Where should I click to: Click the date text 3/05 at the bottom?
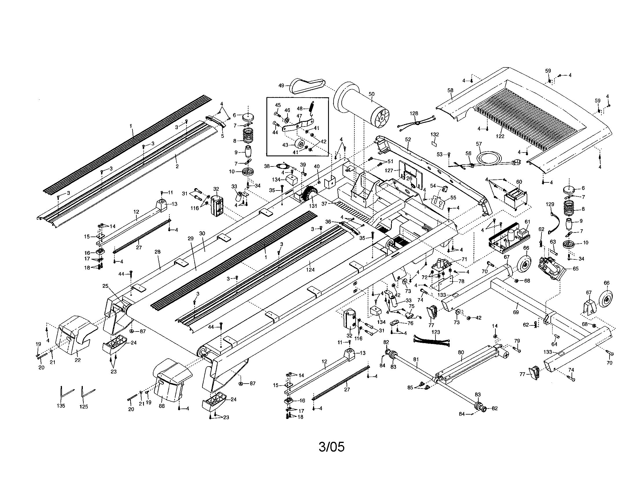pyautogui.click(x=332, y=447)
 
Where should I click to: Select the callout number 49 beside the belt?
pyautogui.click(x=281, y=85)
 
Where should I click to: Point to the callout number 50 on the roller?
pyautogui.click(x=371, y=94)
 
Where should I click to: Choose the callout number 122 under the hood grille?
pyautogui.click(x=500, y=136)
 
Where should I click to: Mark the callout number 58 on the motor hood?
pyautogui.click(x=450, y=90)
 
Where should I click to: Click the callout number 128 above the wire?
pyautogui.click(x=413, y=113)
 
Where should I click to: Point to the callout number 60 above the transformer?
pyautogui.click(x=519, y=182)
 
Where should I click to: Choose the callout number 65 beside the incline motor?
pyautogui.click(x=575, y=269)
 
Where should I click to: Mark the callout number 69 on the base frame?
pyautogui.click(x=516, y=312)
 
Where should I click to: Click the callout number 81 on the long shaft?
pyautogui.click(x=416, y=360)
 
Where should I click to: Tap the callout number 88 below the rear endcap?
pyautogui.click(x=162, y=406)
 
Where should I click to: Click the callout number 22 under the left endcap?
pyautogui.click(x=78, y=360)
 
